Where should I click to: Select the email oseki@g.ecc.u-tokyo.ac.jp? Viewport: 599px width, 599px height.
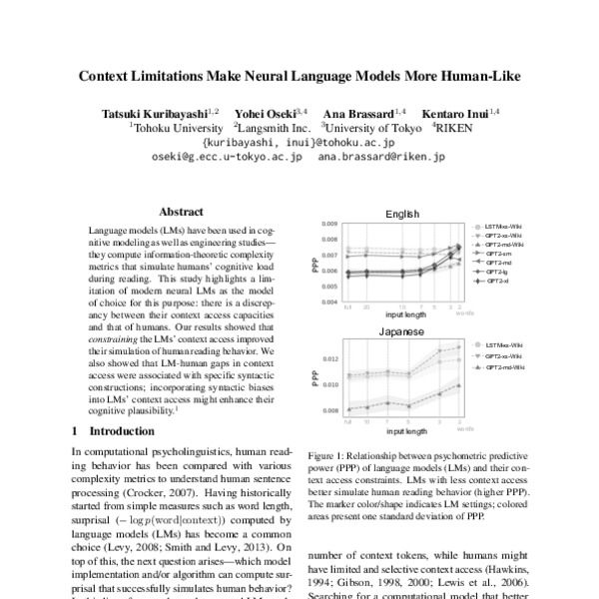tap(226, 157)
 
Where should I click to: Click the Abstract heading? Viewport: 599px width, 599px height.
tap(182, 212)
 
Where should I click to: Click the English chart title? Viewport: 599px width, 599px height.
tap(408, 214)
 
